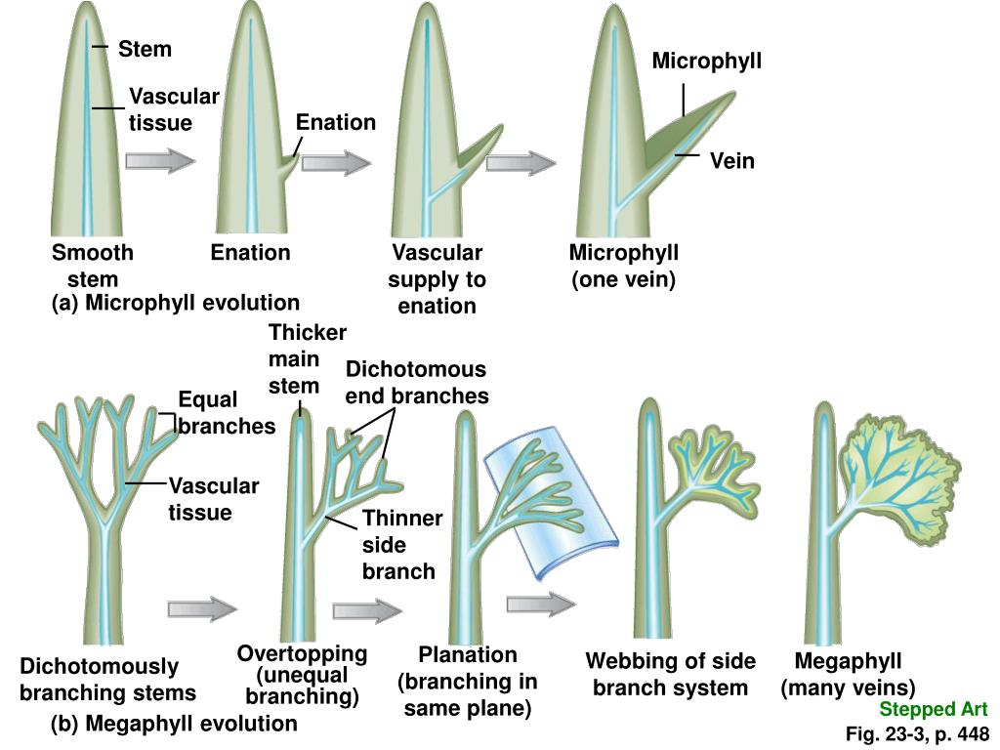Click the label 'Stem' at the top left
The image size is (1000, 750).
145,49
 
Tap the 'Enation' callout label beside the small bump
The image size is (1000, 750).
335,122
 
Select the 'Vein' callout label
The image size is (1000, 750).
731,160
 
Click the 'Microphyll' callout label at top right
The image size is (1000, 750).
706,62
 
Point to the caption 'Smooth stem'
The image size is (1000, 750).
93,266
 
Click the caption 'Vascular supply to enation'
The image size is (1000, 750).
437,278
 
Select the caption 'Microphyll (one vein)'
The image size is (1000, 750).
623,266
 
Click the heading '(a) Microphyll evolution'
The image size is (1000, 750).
175,302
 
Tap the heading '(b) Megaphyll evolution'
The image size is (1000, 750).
174,724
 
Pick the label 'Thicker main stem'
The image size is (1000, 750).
306,358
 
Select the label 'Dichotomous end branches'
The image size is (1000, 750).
416,382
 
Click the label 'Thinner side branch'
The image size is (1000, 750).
401,544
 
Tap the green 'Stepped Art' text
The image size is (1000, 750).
933,709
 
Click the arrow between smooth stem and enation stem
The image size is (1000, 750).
161,160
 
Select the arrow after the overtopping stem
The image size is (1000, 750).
367,610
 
